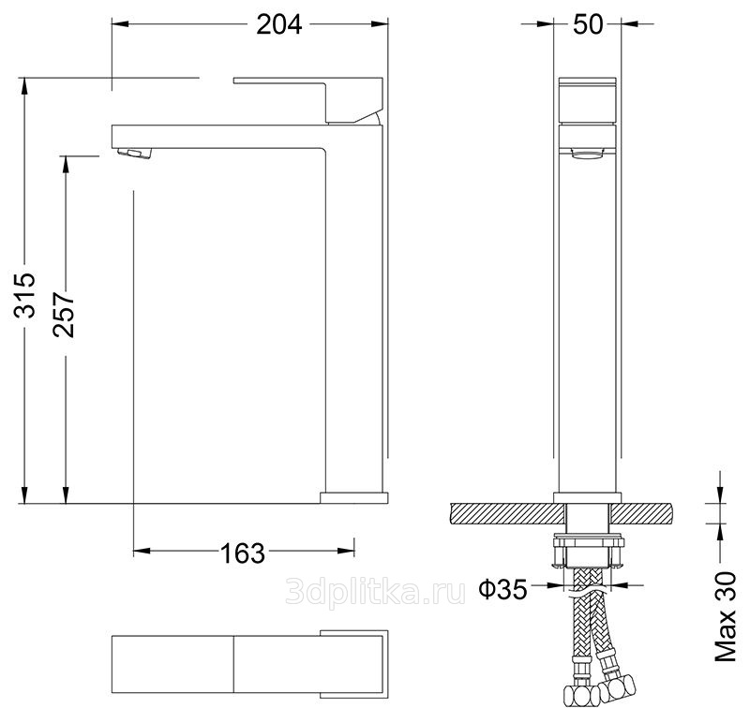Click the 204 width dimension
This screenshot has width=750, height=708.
(279, 25)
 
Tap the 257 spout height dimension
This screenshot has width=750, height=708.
(64, 315)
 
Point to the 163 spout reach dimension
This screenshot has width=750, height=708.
(242, 553)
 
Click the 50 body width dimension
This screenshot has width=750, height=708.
(588, 24)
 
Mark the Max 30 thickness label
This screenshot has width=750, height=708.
(726, 616)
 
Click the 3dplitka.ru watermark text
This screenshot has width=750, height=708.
(375, 593)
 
